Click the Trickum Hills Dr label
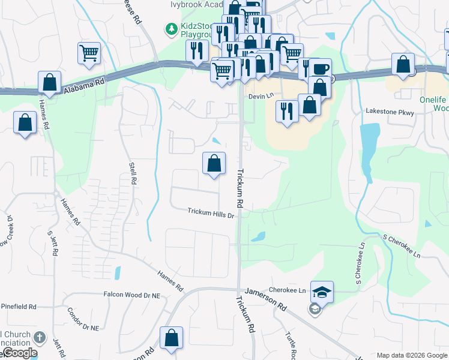click(x=210, y=211)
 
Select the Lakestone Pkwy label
click(x=390, y=112)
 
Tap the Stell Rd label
click(x=133, y=172)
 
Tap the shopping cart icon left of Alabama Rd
click(x=89, y=53)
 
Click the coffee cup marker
click(x=321, y=68)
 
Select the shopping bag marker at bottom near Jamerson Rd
click(x=172, y=337)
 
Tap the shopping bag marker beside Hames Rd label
click(x=49, y=82)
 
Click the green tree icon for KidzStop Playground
click(x=172, y=28)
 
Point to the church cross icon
click(x=40, y=337)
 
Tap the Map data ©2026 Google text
click(x=412, y=355)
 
